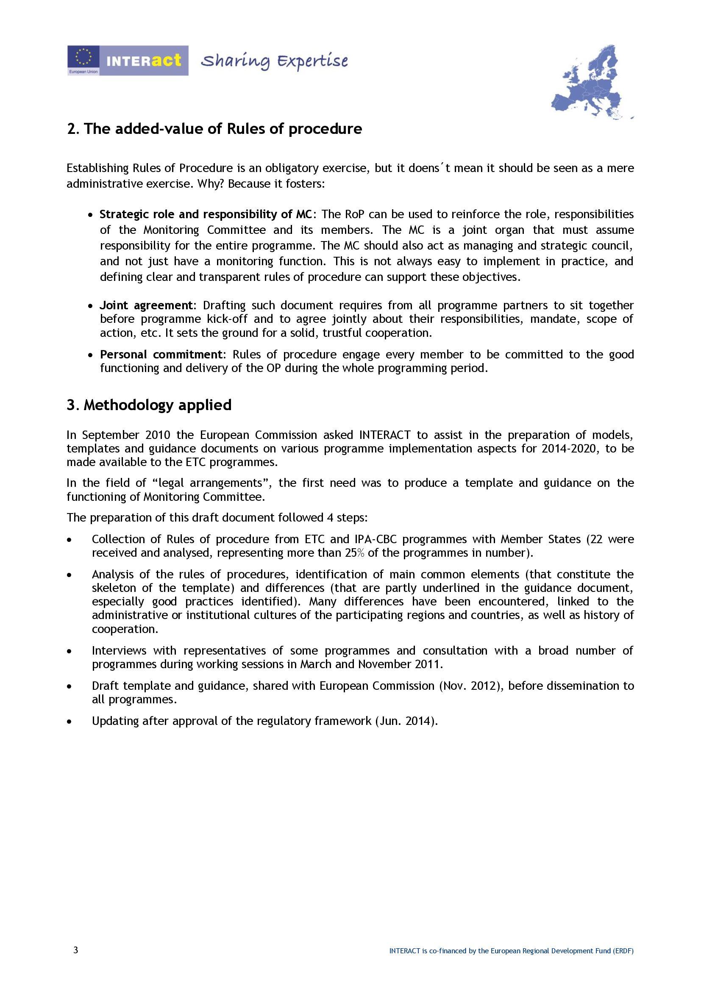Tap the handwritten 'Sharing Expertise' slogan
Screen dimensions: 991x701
pyautogui.click(x=274, y=61)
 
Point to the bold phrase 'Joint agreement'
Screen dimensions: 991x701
pyautogui.click(x=146, y=305)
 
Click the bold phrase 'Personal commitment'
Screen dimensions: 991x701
pyautogui.click(x=161, y=354)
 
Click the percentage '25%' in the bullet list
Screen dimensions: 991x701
pyautogui.click(x=355, y=553)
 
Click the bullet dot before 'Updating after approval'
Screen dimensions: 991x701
pyautogui.click(x=70, y=722)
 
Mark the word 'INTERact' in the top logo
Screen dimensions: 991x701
pyautogui.click(x=144, y=60)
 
